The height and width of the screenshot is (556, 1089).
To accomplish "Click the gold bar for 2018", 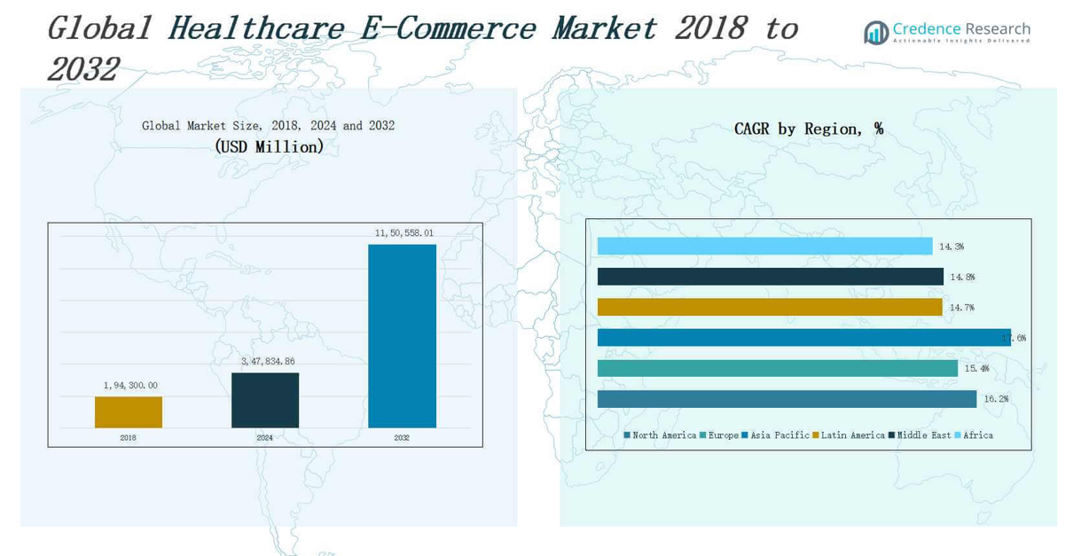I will [x=129, y=412].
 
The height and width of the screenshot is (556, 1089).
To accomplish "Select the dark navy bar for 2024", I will [x=265, y=401].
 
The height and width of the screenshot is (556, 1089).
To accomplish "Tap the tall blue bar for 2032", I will [x=402, y=336].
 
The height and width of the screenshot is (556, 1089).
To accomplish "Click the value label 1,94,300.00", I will [x=130, y=386].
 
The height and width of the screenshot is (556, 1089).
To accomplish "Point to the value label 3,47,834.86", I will [x=268, y=362].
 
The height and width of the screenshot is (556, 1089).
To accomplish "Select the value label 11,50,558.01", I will [x=404, y=233].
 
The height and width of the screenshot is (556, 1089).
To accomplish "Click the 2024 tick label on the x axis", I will [x=265, y=438].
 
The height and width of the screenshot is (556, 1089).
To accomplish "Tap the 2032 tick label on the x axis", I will [x=402, y=438].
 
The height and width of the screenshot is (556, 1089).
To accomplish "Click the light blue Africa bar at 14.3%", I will [x=764, y=247].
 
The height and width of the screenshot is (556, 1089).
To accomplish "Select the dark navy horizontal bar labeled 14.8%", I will [x=770, y=277].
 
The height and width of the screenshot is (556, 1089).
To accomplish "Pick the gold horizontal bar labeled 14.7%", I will [x=769, y=307].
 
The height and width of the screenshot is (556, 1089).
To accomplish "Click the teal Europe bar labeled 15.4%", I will [x=777, y=368].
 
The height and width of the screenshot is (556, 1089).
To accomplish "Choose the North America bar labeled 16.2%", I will [x=787, y=399].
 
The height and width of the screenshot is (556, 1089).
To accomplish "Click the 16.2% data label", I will [x=996, y=399].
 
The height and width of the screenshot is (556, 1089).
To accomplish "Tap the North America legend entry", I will [x=660, y=435].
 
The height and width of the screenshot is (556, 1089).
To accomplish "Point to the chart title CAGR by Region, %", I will [x=808, y=129].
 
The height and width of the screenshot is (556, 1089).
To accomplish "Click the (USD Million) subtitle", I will [x=269, y=147].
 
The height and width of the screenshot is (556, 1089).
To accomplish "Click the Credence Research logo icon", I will [x=876, y=33].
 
